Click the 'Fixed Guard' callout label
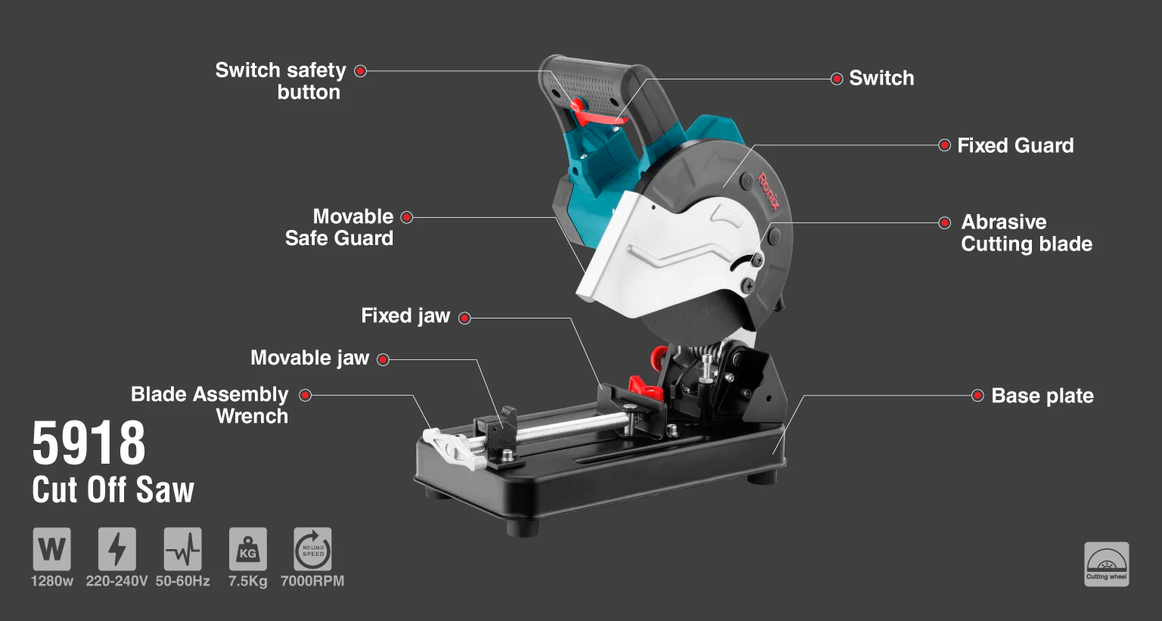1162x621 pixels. (1015, 146)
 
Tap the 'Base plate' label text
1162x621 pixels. (1042, 396)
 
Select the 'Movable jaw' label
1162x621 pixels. (309, 358)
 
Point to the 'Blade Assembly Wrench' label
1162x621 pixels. (210, 405)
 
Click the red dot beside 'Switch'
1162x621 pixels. (836, 79)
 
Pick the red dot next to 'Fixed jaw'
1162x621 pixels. (464, 318)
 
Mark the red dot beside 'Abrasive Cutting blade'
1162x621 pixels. (944, 223)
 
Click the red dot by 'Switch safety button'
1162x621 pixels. (360, 71)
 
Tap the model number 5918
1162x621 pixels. (89, 443)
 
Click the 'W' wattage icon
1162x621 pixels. (52, 549)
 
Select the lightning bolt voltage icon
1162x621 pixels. (117, 549)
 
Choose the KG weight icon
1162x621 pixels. (248, 549)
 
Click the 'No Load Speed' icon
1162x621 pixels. (312, 549)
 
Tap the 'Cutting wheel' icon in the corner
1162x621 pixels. (1107, 564)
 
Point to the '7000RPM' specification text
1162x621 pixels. (312, 581)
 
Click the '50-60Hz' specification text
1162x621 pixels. (182, 581)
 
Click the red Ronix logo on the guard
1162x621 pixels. (769, 192)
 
